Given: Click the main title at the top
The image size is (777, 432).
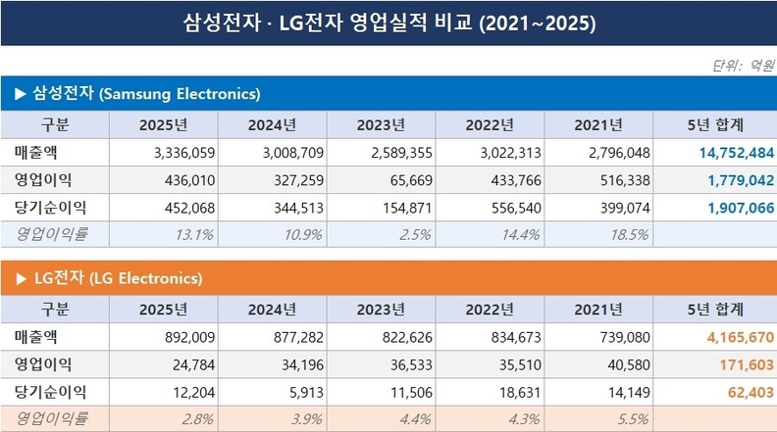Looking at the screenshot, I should click(x=388, y=21).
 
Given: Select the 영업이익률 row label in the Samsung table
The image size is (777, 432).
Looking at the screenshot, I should click(x=53, y=235).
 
